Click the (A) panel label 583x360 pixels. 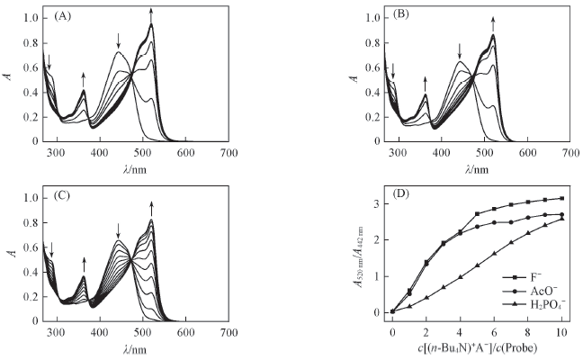[63, 17]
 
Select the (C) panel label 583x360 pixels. [63, 198]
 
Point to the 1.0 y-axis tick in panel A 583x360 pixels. [31, 18]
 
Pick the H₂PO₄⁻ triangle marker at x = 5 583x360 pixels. [477, 265]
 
